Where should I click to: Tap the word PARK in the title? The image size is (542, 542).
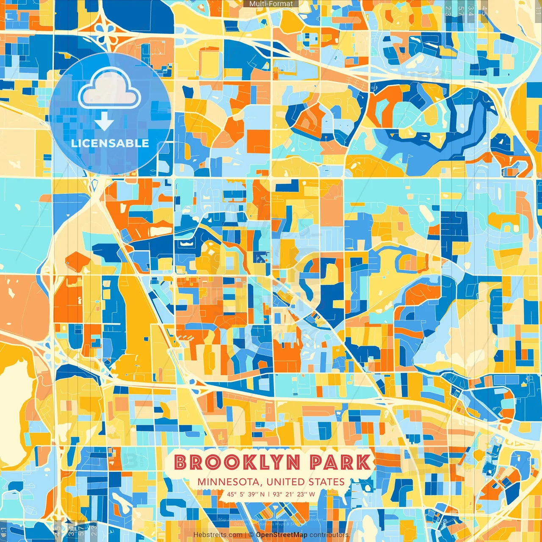340,462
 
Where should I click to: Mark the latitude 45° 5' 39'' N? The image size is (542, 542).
246,494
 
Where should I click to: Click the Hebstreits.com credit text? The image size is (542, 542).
218,535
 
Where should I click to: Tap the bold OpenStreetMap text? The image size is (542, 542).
282,535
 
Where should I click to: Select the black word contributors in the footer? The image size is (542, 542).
329,535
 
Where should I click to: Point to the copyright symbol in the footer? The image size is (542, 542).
251,535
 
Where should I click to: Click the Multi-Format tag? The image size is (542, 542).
271,4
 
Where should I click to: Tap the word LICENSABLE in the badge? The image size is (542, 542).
110,143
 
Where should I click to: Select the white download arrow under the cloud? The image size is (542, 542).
104,123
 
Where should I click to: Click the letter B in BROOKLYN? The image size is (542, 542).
181,462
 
